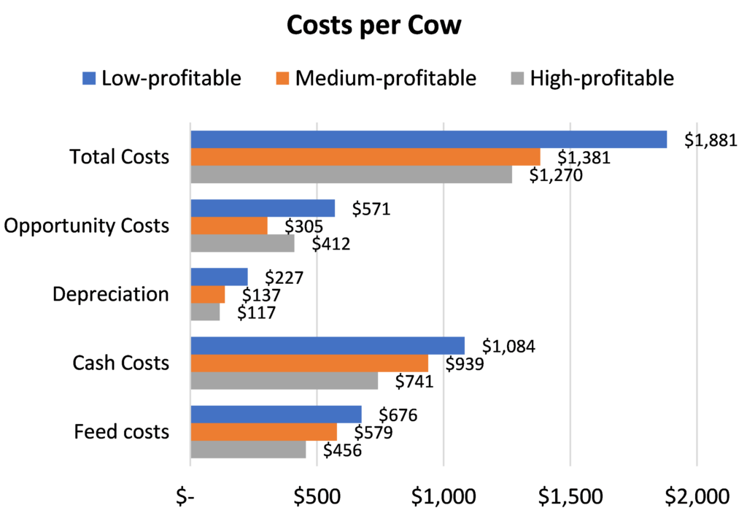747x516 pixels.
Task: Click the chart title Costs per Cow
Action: click(373, 26)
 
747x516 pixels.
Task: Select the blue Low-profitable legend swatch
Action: click(89, 78)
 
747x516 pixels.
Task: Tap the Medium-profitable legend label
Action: click(385, 78)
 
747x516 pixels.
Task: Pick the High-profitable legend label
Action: click(602, 78)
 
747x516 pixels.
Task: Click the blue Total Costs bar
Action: click(429, 139)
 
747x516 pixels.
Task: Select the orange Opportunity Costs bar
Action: click(229, 226)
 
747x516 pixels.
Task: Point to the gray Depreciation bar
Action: click(205, 312)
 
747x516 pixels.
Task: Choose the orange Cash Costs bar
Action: click(309, 363)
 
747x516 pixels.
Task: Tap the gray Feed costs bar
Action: click(249, 450)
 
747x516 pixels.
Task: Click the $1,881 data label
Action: click(711, 141)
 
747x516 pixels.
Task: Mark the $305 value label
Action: click(304, 226)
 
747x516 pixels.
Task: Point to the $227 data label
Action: click(285, 278)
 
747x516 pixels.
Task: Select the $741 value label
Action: click(414, 382)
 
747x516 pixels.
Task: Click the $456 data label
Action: click(343, 450)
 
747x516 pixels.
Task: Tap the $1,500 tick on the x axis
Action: click(570, 497)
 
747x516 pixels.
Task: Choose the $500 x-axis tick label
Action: click(317, 497)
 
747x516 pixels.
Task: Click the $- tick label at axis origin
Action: click(185, 497)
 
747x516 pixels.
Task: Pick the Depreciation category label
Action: click(111, 294)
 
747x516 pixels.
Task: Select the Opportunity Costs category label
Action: click(86, 226)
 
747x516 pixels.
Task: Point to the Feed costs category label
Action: click(122, 431)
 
